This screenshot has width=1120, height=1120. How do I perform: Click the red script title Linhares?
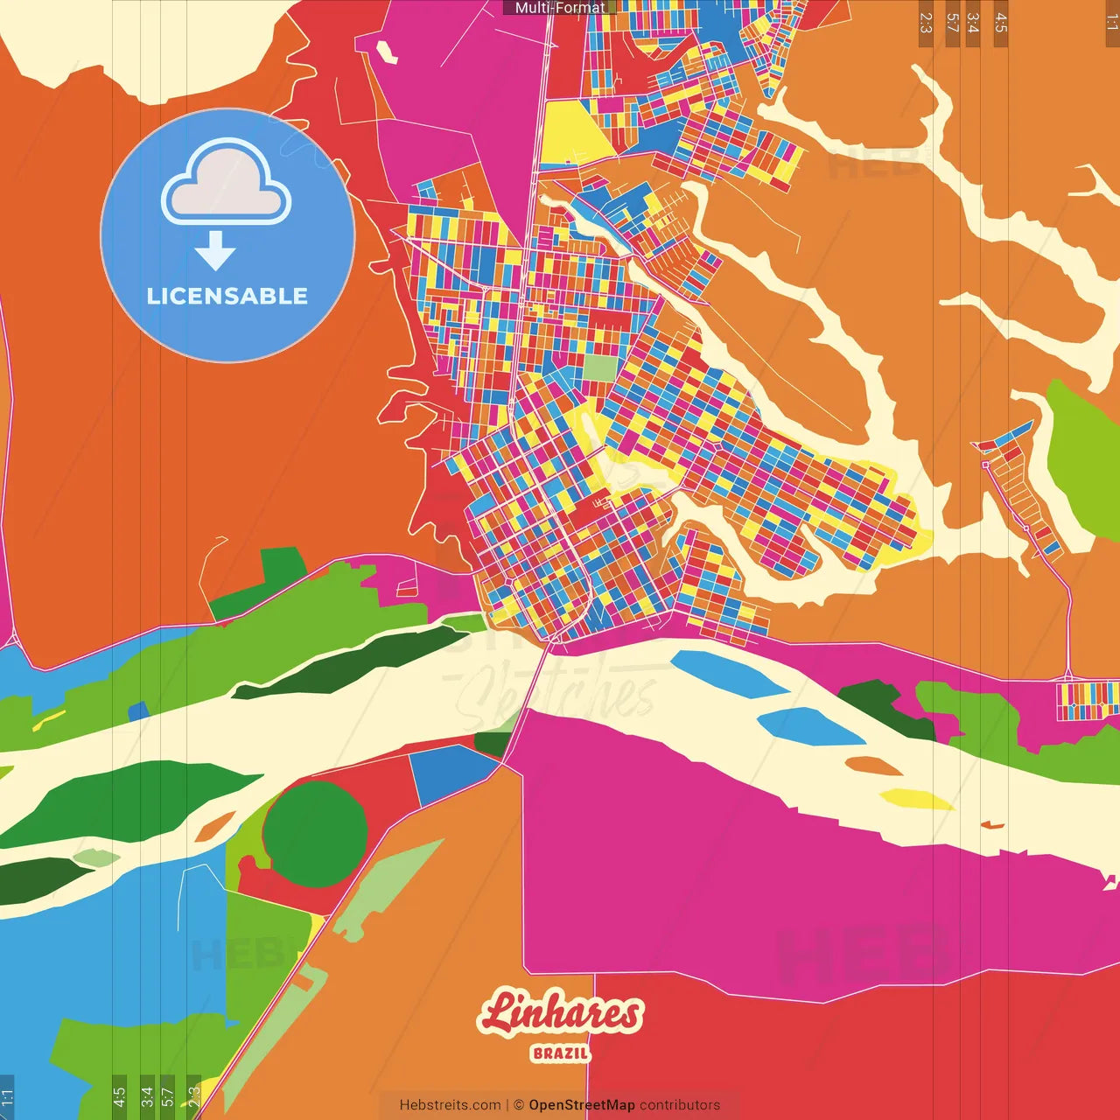click(560, 1013)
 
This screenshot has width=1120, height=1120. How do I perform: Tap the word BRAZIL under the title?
click(560, 1053)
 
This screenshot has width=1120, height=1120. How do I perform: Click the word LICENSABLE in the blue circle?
click(227, 296)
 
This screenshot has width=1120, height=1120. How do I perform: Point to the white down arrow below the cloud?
click(215, 251)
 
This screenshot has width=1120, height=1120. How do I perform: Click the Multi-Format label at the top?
click(560, 8)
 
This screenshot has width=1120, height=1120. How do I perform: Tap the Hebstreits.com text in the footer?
click(450, 1105)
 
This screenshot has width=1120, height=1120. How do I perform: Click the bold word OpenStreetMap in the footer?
click(581, 1105)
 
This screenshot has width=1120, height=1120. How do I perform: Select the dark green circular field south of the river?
click(315, 833)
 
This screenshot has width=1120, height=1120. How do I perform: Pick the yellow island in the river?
click(914, 799)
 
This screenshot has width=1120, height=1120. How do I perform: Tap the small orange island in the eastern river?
click(873, 766)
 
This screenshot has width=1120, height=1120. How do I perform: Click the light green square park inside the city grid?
click(600, 367)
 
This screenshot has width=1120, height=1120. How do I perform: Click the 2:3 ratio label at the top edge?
click(926, 23)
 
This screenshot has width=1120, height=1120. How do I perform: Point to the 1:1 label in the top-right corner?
click(1111, 23)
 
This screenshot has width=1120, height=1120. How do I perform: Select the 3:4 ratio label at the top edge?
click(973, 23)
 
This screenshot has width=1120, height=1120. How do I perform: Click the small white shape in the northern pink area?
click(387, 51)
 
